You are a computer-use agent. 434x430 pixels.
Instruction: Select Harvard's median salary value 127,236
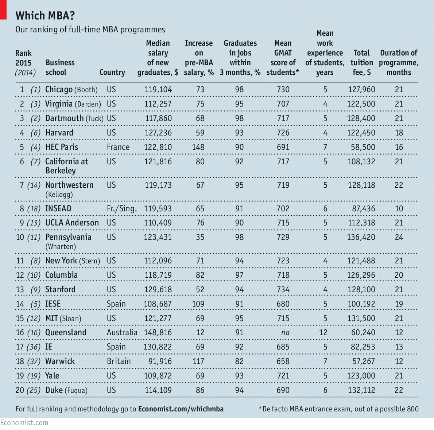[x=158, y=133]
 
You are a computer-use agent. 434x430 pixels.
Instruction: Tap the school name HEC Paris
[x=62, y=147]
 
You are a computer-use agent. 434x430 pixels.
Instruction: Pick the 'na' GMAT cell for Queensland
[x=283, y=333]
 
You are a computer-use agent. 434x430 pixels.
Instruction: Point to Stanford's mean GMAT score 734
[x=283, y=290]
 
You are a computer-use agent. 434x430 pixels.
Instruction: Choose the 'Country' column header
[x=112, y=72]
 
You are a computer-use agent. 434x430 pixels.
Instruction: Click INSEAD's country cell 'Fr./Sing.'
[x=122, y=209]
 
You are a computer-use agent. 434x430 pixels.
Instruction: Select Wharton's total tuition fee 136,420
[x=361, y=237]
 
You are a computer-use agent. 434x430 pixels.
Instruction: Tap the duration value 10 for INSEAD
[x=399, y=209]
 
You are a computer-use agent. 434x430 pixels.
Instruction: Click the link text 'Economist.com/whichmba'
[x=181, y=409]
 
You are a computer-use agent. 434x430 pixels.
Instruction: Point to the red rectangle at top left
[x=3, y=9]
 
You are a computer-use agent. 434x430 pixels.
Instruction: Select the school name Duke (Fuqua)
[x=66, y=390]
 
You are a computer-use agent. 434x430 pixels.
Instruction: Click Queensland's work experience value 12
[x=323, y=333]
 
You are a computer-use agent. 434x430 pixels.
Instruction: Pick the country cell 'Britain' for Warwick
[x=119, y=361]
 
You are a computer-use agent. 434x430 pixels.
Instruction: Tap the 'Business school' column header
[x=60, y=67]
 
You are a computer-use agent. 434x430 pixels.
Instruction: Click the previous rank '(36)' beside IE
[x=34, y=347]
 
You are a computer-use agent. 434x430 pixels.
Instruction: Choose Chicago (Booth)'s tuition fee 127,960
[x=361, y=90]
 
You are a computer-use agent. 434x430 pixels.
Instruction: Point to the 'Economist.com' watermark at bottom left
[x=24, y=423]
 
